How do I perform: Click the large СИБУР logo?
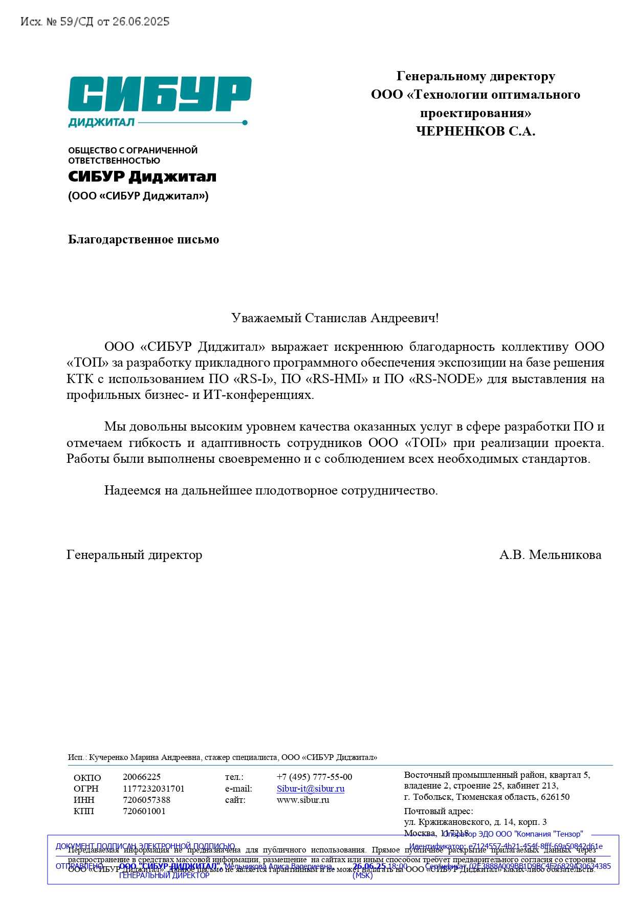click(x=160, y=94)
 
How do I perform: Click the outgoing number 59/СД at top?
click(x=77, y=21)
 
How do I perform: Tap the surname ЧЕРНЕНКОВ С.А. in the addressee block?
click(x=475, y=131)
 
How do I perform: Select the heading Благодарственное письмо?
click(x=143, y=240)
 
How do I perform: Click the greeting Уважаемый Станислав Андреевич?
click(x=335, y=318)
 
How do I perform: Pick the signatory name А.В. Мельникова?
click(x=550, y=555)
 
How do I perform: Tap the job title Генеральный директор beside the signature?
click(x=134, y=555)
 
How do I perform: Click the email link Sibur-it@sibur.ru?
click(x=310, y=789)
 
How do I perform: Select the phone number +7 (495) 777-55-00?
click(x=314, y=777)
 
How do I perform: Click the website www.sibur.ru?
click(x=303, y=800)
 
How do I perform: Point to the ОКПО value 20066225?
click(x=142, y=777)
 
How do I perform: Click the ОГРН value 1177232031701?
click(x=154, y=789)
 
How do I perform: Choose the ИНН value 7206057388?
click(x=146, y=800)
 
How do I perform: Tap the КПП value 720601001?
click(x=144, y=811)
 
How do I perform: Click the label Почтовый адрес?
click(x=439, y=811)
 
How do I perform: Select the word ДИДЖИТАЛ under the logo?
click(x=101, y=122)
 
